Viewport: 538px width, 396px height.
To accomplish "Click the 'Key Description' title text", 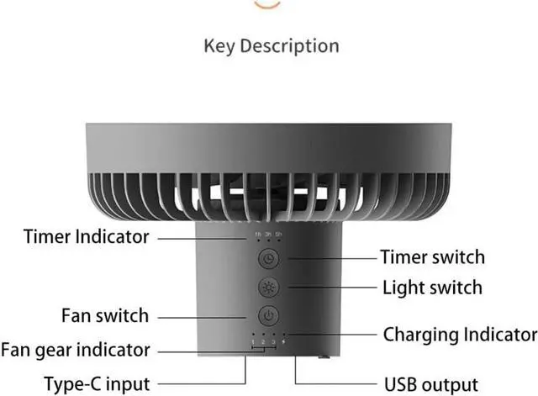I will coord(271,45).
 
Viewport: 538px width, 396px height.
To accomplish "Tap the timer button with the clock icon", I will coord(267,259).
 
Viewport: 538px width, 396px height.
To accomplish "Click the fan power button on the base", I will coord(267,316).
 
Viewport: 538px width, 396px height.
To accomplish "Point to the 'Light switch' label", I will coord(432,287).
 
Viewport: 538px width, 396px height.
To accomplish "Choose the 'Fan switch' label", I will coord(105,316).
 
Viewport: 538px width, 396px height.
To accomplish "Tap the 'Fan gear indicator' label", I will coord(76,349).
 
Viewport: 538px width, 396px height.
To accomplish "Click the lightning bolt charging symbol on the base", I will coord(283,343).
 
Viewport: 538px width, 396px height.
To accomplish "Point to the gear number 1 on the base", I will coord(252,343).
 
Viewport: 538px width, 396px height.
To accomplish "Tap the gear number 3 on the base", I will coord(273,343).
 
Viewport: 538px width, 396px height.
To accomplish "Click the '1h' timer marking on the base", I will coord(257,233).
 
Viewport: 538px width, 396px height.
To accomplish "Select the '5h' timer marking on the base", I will coord(278,233).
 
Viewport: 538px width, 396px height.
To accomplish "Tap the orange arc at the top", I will coord(266,4).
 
